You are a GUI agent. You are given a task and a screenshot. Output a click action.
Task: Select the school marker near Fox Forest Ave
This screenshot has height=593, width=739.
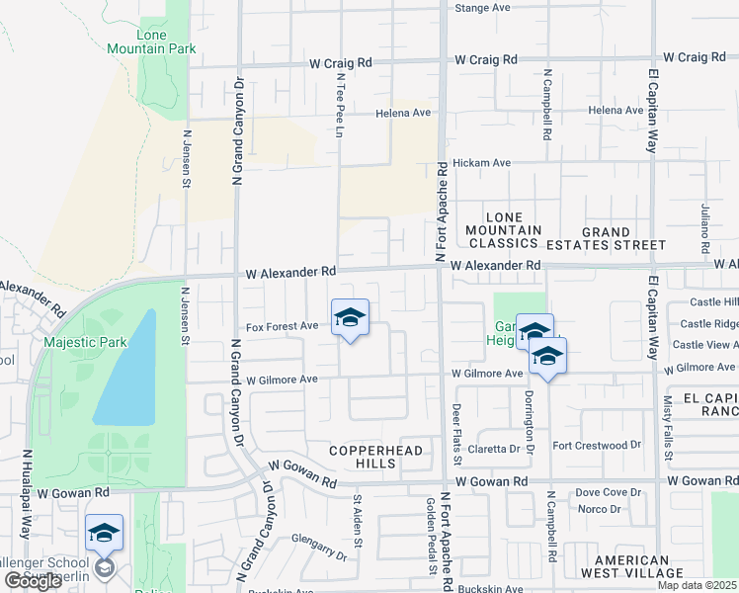[350, 318]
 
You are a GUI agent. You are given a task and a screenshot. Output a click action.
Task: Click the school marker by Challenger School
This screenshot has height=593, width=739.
[104, 534]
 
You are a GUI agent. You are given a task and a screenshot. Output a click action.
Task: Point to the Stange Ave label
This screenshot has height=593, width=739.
[481, 8]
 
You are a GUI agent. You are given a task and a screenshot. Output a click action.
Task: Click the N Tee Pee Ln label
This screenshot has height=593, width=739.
[340, 103]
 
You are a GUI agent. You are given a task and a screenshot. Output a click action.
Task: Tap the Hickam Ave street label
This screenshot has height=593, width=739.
[481, 163]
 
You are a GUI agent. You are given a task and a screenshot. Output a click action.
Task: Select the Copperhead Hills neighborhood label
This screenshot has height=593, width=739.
[375, 458]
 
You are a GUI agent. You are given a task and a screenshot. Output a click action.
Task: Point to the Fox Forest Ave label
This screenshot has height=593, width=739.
[282, 325]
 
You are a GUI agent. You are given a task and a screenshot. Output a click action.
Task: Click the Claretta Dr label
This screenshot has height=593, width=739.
[494, 448]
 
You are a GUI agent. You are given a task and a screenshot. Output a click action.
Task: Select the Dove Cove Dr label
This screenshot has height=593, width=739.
[609, 491]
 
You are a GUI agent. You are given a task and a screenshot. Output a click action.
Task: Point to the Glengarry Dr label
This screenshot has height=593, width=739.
[319, 548]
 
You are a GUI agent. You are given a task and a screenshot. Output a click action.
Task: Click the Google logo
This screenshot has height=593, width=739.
[33, 581]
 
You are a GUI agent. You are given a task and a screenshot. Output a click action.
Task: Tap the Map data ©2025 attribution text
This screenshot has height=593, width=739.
[697, 585]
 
